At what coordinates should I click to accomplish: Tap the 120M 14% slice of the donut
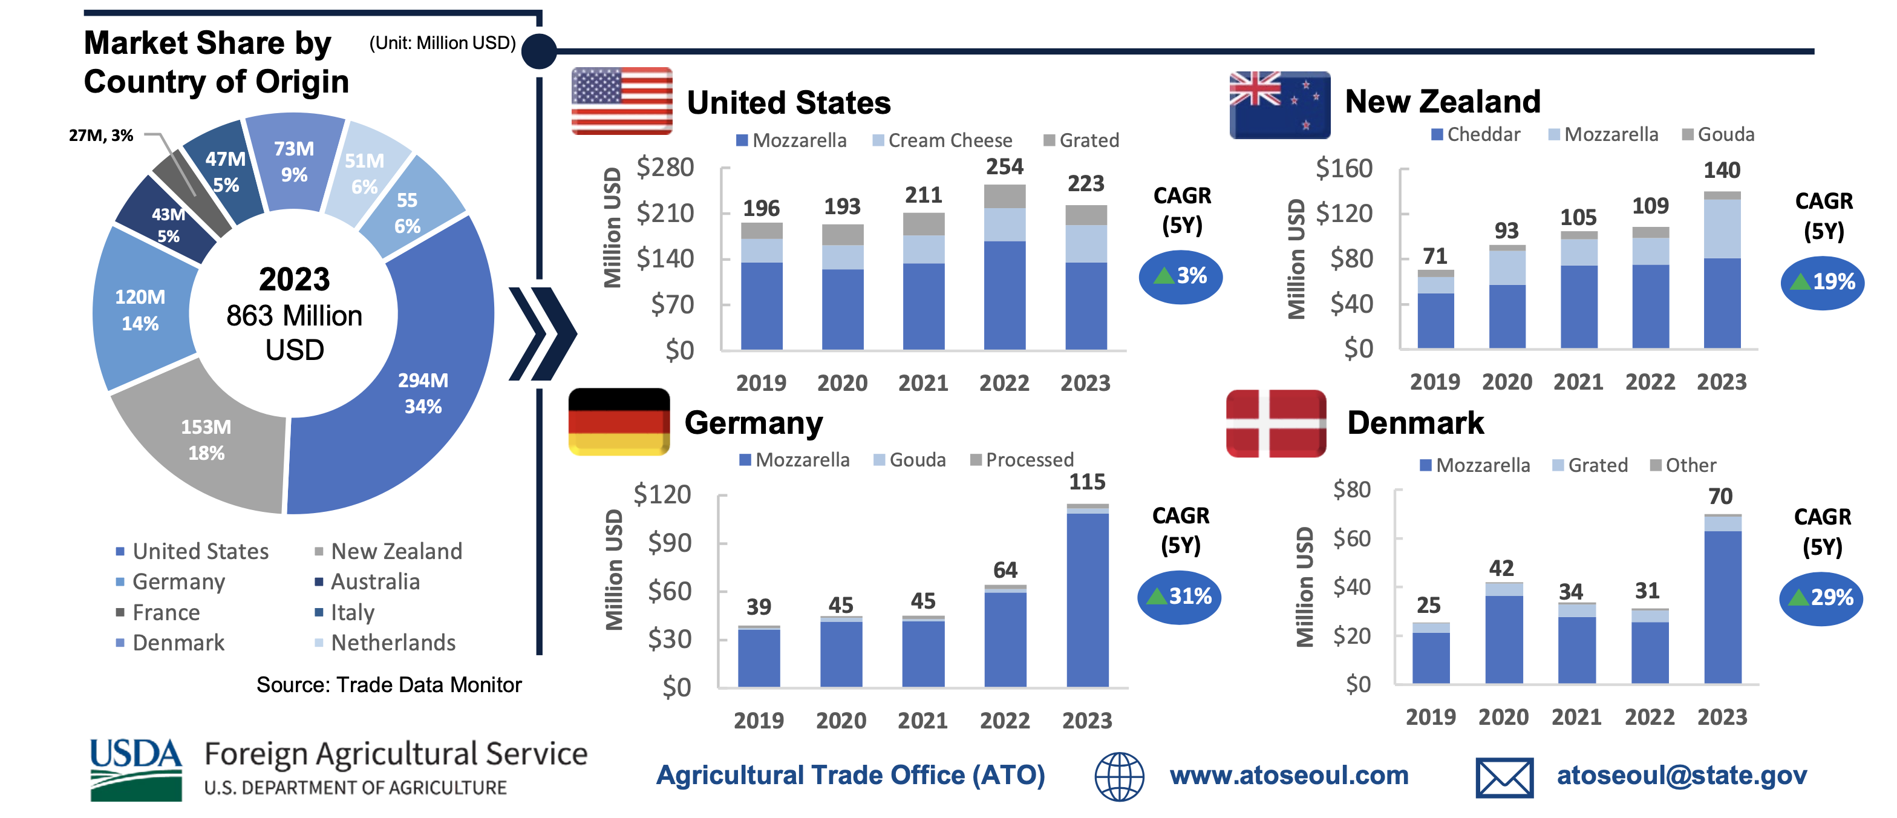[140, 310]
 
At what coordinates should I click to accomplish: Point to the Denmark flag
[1276, 424]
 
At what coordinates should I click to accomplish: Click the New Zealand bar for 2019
[1435, 309]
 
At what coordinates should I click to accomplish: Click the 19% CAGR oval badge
[1822, 282]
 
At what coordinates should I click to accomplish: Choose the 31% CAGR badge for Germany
[1179, 597]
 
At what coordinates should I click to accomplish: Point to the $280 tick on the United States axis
[665, 167]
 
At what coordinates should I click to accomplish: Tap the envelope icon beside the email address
[1504, 777]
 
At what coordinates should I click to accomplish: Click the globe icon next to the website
[1118, 777]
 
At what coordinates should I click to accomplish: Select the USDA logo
[135, 770]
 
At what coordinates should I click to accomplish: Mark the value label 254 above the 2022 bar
[1005, 166]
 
